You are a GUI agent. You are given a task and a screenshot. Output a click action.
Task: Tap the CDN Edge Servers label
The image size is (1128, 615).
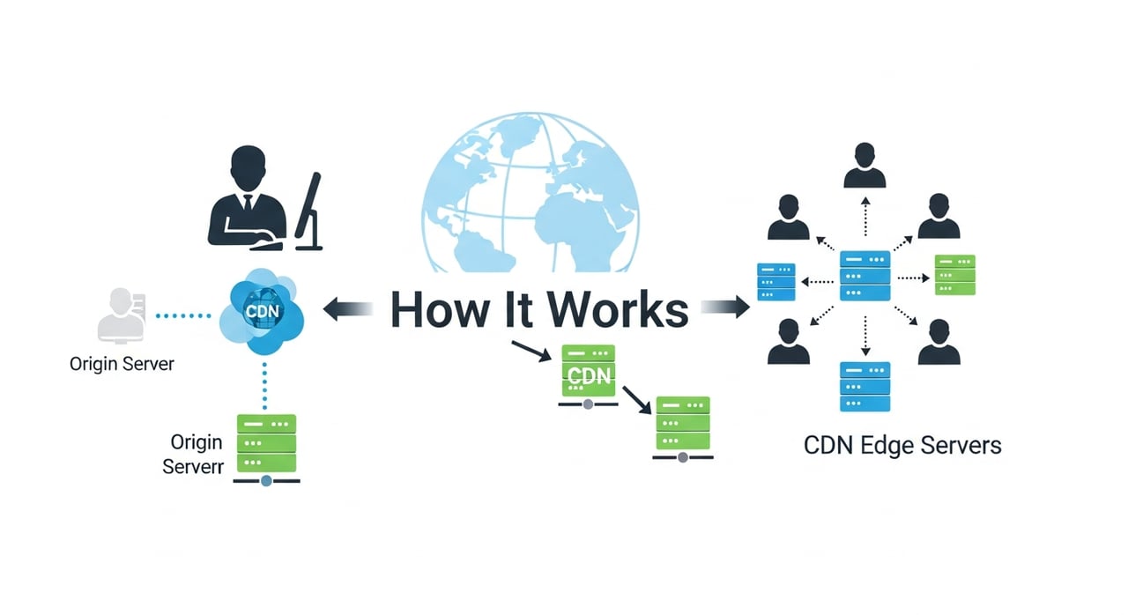pos(902,445)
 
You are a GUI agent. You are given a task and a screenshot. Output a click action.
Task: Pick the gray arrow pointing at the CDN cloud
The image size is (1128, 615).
pos(348,308)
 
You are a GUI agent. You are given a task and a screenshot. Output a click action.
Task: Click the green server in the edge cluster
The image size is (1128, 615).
pos(954,275)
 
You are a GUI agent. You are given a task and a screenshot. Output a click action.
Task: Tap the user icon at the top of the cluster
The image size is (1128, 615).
pos(865,167)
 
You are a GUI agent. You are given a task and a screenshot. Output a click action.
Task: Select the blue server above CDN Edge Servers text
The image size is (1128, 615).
pos(865,386)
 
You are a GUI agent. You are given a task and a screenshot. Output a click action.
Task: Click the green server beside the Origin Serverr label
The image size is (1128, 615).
pos(266,443)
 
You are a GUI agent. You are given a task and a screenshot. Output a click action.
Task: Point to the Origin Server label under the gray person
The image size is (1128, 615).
pos(122,363)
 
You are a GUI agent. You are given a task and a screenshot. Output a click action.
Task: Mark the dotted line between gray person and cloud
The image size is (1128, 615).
pos(183,314)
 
